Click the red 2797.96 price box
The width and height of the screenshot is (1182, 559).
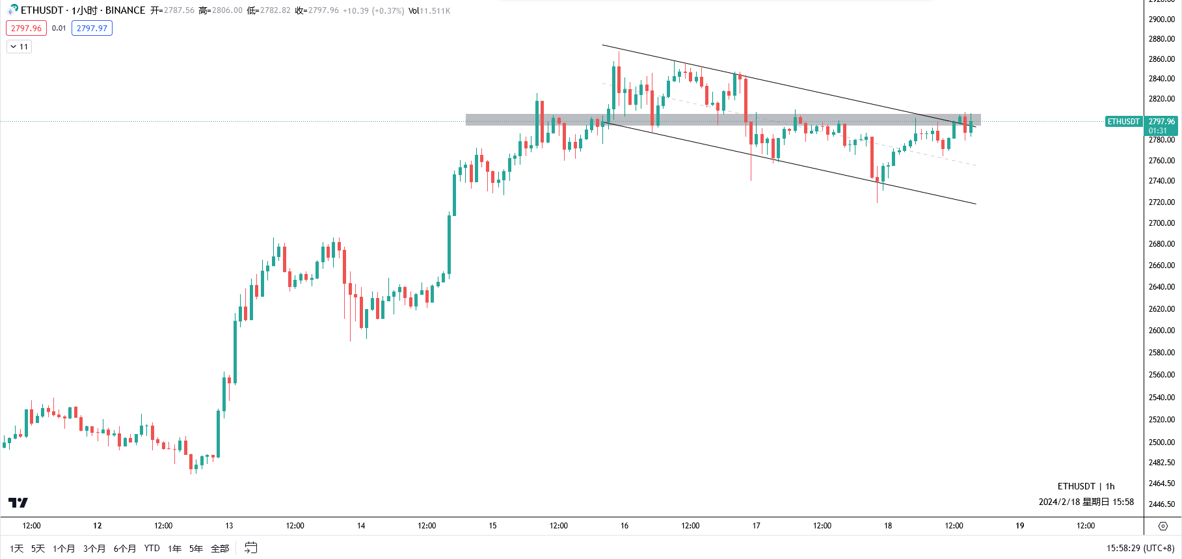pyautogui.click(x=26, y=28)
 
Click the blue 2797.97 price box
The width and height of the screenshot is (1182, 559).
pyautogui.click(x=92, y=28)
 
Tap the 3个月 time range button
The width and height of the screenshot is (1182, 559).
pyautogui.click(x=94, y=549)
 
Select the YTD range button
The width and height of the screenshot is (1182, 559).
pyautogui.click(x=152, y=549)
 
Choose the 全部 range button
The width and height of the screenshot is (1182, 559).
pyautogui.click(x=220, y=549)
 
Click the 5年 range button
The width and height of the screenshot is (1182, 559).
pyautogui.click(x=196, y=549)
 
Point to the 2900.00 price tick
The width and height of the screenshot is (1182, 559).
pyautogui.click(x=1162, y=20)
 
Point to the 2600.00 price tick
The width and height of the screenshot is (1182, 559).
pyautogui.click(x=1162, y=331)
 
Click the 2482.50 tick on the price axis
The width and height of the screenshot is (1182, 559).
pyautogui.click(x=1162, y=463)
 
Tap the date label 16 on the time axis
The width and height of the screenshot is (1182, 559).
pyautogui.click(x=625, y=526)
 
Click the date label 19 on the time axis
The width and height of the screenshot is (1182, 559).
pyautogui.click(x=1020, y=526)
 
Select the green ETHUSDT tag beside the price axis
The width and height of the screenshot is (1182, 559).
pyautogui.click(x=1123, y=122)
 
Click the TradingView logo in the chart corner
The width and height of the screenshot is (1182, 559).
pyautogui.click(x=18, y=502)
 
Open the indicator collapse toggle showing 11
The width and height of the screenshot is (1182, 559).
pyautogui.click(x=19, y=47)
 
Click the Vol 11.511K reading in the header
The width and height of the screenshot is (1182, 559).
pyautogui.click(x=429, y=10)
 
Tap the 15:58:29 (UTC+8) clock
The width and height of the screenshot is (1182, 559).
pyautogui.click(x=1140, y=549)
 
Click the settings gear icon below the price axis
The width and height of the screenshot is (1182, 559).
pyautogui.click(x=1163, y=526)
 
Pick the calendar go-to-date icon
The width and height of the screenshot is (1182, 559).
pyautogui.click(x=251, y=549)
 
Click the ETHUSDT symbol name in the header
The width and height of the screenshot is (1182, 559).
pyautogui.click(x=42, y=10)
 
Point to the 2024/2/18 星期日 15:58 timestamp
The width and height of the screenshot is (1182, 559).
pyautogui.click(x=1086, y=502)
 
